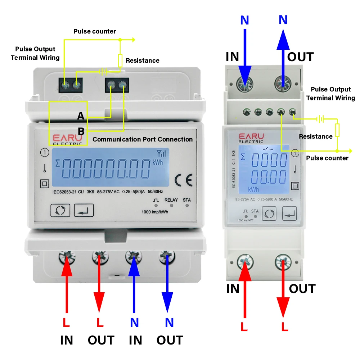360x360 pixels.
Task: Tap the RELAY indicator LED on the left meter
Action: click(x=171, y=205)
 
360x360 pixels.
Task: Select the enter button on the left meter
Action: click(x=84, y=210)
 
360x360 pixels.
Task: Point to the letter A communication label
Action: click(x=81, y=116)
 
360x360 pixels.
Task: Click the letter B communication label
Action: click(x=81, y=131)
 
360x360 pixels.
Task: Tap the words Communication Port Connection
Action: click(x=143, y=139)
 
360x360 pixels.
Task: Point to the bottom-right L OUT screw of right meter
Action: click(x=283, y=262)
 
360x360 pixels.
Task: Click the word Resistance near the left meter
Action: click(x=143, y=60)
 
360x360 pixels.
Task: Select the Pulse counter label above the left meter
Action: click(x=95, y=31)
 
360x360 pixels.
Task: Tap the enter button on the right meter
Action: click(x=289, y=213)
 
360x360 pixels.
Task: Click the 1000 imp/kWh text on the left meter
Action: click(x=155, y=212)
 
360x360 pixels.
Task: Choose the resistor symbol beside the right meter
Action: click(x=337, y=130)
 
